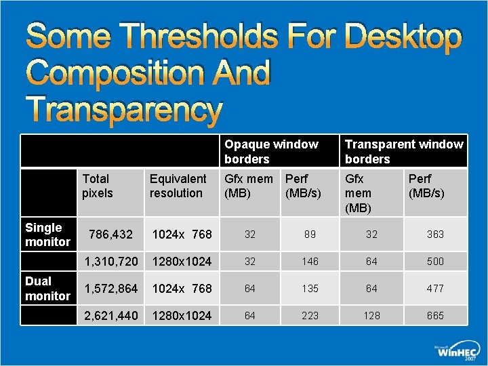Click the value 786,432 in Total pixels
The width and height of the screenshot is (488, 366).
pos(111,235)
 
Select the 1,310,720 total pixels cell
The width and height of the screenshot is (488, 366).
pos(110,262)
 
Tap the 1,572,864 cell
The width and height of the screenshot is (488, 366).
pos(110,289)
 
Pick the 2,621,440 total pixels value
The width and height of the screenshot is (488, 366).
pos(110,316)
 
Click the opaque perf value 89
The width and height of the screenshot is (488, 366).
pos(310,235)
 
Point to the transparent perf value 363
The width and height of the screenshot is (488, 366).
pos(435,235)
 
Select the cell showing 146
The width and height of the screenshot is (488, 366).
pos(310,262)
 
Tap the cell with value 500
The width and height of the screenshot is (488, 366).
pos(435,262)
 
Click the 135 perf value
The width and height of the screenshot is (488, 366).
pos(310,289)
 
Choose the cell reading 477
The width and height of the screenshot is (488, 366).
pos(435,289)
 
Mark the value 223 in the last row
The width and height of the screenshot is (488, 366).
pos(310,316)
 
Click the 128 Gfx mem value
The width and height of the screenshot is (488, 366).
pos(371,316)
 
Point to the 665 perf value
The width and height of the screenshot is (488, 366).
pos(435,316)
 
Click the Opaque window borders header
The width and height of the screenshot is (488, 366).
pos(271,152)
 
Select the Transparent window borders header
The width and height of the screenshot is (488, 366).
pos(404,152)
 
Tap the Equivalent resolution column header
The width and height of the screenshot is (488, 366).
pos(178,186)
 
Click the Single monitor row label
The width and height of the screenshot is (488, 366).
pos(47,235)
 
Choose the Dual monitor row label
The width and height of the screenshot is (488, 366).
pos(47,289)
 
